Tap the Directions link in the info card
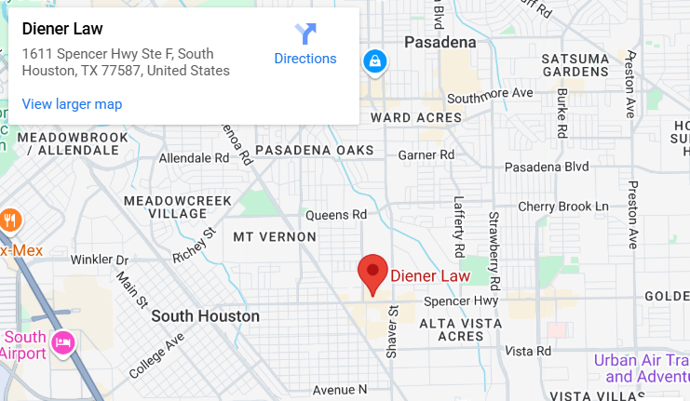[x=304, y=59]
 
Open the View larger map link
[x=72, y=104]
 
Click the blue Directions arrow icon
[x=305, y=34]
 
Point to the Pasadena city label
[x=440, y=42]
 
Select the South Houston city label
[x=206, y=316]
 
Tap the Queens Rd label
[x=336, y=215]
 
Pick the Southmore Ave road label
[x=490, y=94]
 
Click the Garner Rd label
[x=430, y=154]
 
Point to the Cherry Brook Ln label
[x=562, y=206]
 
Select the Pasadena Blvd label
[x=547, y=167]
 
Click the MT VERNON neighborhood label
[x=275, y=236]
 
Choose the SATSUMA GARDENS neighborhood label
[x=575, y=65]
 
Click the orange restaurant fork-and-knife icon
[x=11, y=221]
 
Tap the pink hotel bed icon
[x=63, y=342]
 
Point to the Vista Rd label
[x=528, y=352]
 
